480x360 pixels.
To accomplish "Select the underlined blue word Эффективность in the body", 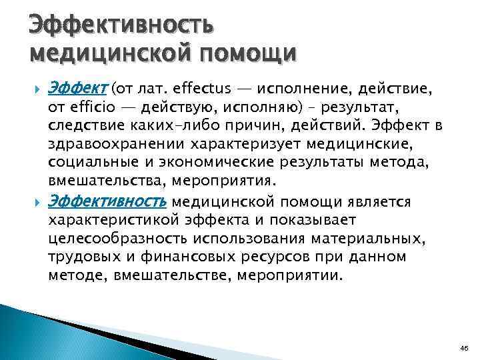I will pos(109,201).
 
